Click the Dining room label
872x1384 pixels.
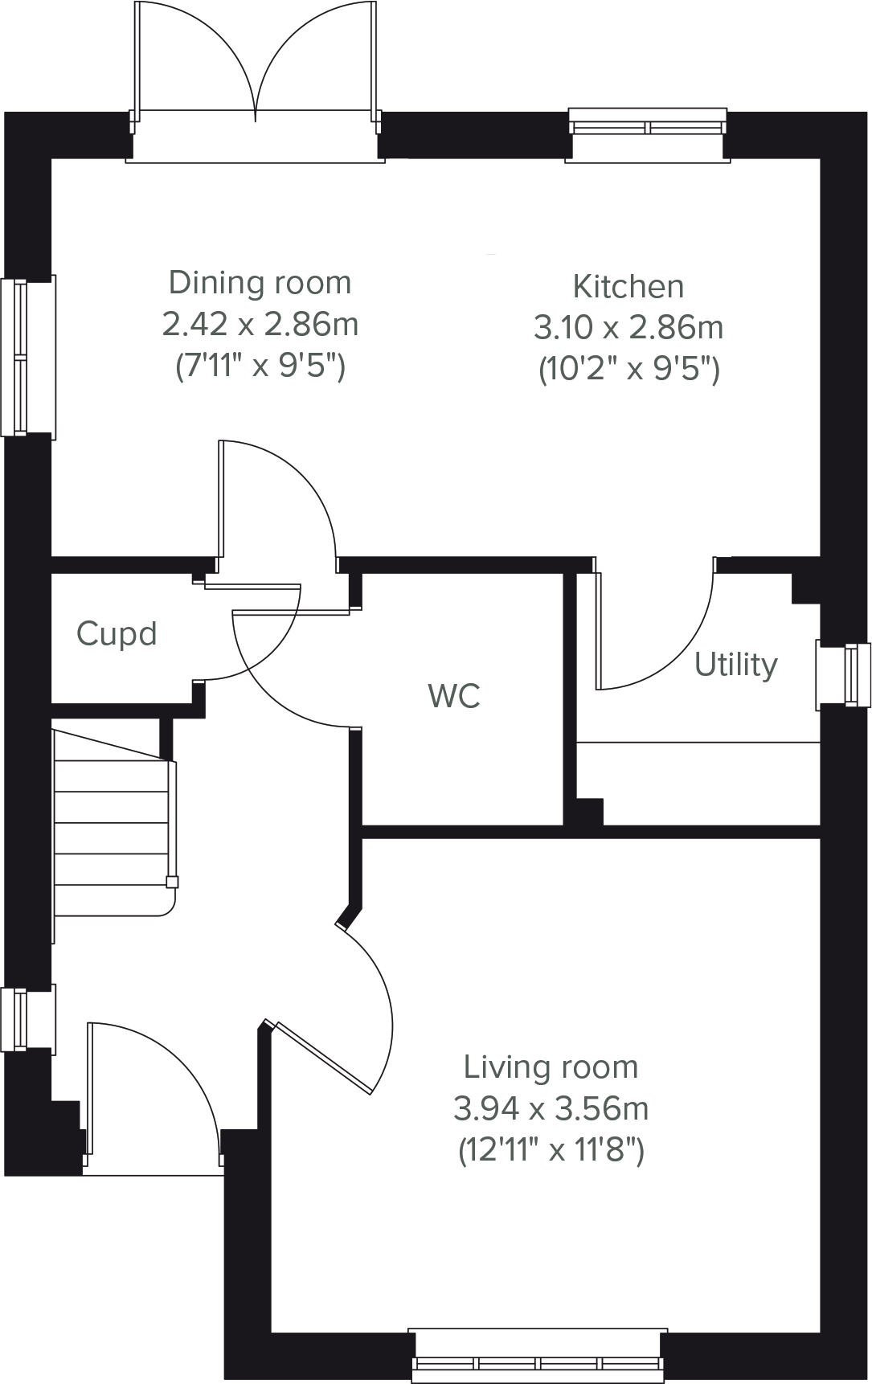260,283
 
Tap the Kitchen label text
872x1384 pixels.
628,286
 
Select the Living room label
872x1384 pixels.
551,1067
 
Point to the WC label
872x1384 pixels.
454,696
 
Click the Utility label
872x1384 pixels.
736,665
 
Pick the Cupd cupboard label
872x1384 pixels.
117,634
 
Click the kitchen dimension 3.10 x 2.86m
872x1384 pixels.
628,328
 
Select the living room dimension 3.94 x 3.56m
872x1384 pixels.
551,1109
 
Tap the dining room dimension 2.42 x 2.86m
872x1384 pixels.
260,325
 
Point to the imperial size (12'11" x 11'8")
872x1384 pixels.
551,1151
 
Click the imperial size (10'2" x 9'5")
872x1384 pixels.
628,370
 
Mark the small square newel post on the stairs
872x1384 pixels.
171,882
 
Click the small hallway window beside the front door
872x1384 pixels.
28,1019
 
